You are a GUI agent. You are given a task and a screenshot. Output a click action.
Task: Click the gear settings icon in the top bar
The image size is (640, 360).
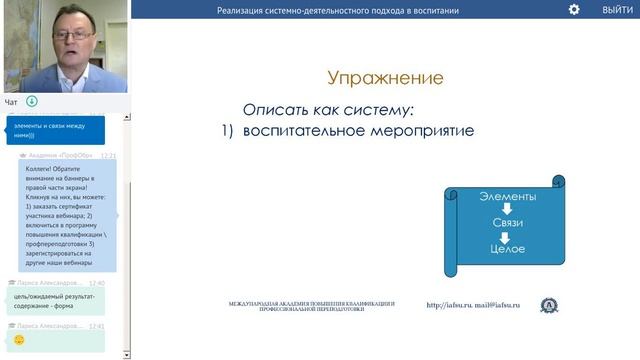pyautogui.click(x=574, y=9)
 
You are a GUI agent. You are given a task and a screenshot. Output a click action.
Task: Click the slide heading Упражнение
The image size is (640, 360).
pyautogui.click(x=385, y=78)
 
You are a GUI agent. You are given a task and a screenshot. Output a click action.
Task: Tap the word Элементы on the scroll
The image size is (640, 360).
pyautogui.click(x=507, y=197)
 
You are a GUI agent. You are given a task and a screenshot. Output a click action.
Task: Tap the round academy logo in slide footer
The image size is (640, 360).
pyautogui.click(x=549, y=305)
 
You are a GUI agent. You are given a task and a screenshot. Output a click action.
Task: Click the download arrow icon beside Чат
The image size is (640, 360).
pyautogui.click(x=31, y=101)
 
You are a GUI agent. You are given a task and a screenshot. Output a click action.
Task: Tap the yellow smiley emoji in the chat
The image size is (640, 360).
pyautogui.click(x=19, y=340)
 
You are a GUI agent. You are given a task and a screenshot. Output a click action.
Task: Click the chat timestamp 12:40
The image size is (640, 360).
pyautogui.click(x=96, y=283)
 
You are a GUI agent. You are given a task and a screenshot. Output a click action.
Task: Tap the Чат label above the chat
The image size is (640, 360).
pyautogui.click(x=11, y=101)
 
